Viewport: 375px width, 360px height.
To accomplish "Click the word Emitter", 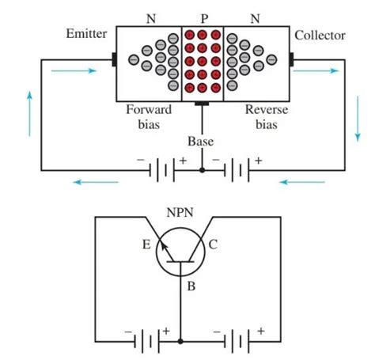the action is pyautogui.click(x=86, y=33).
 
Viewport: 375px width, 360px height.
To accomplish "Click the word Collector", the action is pyautogui.click(x=320, y=36).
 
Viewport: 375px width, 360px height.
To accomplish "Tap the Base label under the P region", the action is pyautogui.click(x=200, y=142).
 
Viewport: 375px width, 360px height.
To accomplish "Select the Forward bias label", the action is pyautogui.click(x=149, y=117).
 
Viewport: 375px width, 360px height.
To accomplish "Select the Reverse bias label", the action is pyautogui.click(x=267, y=117).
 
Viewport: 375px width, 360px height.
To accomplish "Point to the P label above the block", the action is pyautogui.click(x=204, y=19).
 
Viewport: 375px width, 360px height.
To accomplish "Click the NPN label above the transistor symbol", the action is pyautogui.click(x=180, y=212).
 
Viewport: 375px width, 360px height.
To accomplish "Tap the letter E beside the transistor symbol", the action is pyautogui.click(x=146, y=244).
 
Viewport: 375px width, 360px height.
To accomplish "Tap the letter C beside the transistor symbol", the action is pyautogui.click(x=213, y=244).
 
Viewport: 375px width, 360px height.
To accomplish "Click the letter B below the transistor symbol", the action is pyautogui.click(x=191, y=286).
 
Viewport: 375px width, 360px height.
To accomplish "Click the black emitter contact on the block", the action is pyautogui.click(x=114, y=59).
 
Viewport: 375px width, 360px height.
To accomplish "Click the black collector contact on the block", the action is pyautogui.click(x=291, y=59).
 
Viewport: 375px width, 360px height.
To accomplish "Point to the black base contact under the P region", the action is pyautogui.click(x=202, y=104).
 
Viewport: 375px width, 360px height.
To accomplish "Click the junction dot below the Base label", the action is pyautogui.click(x=203, y=170).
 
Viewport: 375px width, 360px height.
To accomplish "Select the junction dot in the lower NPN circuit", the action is pyautogui.click(x=180, y=341).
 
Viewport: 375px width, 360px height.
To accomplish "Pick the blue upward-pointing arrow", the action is pyautogui.click(x=29, y=114).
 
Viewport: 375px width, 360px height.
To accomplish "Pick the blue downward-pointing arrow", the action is pyautogui.click(x=358, y=119).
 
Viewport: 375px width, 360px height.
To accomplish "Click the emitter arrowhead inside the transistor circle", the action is pyautogui.click(x=164, y=247).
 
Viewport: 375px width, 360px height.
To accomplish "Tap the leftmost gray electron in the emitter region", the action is pyautogui.click(x=134, y=59).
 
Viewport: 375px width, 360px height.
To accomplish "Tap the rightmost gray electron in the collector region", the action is pyautogui.click(x=271, y=59).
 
